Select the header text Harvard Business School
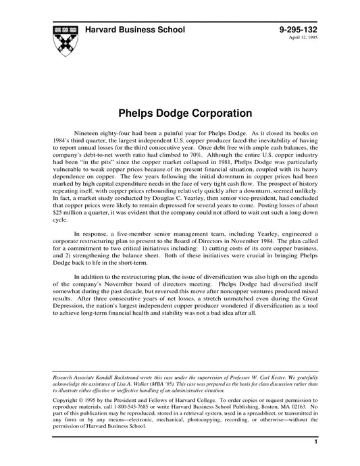tap(139, 30)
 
